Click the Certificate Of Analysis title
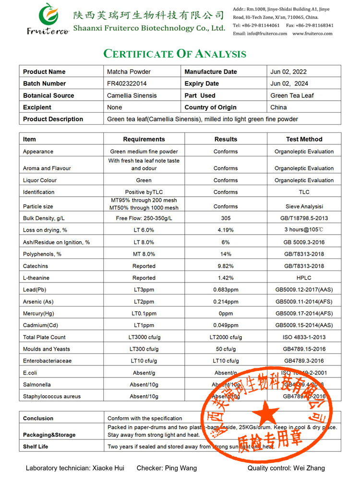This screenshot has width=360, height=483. point(175,54)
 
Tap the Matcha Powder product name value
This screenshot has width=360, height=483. point(129,71)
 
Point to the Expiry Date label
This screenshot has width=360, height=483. point(202,83)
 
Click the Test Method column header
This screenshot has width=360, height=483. point(304,139)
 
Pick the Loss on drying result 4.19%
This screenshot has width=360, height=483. point(226,230)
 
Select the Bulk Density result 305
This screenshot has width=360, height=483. point(226,218)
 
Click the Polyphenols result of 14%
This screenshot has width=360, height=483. point(226,254)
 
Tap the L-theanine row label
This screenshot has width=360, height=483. point(36,278)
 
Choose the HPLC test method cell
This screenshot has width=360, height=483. point(304,278)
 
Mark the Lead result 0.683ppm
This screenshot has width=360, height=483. point(226,290)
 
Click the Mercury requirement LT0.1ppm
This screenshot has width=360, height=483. point(144,313)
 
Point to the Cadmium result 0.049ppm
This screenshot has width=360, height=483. point(226,325)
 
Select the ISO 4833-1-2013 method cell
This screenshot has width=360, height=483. point(304,337)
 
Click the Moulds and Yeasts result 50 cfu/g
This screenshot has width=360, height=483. point(226,349)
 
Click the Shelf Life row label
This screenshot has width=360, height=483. point(36,447)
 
